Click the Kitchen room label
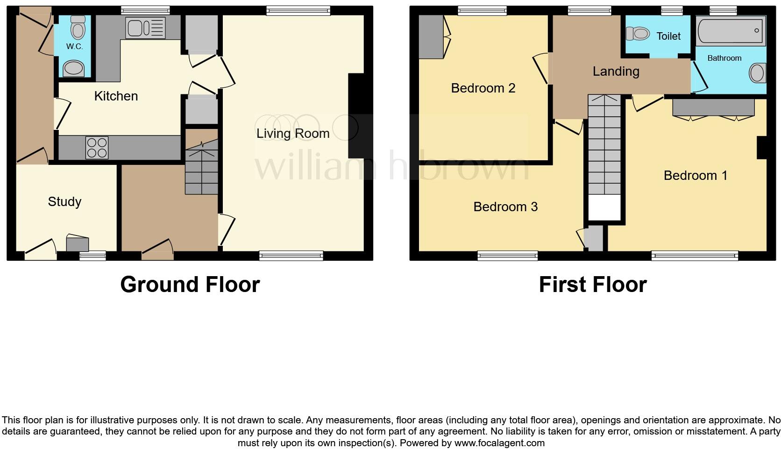pyautogui.click(x=116, y=96)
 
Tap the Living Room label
pyautogui.click(x=293, y=134)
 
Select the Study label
pyautogui.click(x=64, y=202)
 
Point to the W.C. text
pyautogui.click(x=74, y=46)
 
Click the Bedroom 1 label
pyautogui.click(x=696, y=176)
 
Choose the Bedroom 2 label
pyautogui.click(x=483, y=88)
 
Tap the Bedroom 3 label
pyautogui.click(x=505, y=207)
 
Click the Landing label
pyautogui.click(x=616, y=71)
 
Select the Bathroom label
pyautogui.click(x=724, y=58)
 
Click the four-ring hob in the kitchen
pyautogui.click(x=97, y=147)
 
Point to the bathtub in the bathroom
pyautogui.click(x=731, y=31)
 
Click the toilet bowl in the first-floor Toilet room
pyautogui.click(x=638, y=34)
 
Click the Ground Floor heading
pyautogui.click(x=190, y=285)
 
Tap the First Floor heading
pyautogui.click(x=592, y=285)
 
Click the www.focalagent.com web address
pyautogui.click(x=499, y=443)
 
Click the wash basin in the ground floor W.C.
pyautogui.click(x=73, y=69)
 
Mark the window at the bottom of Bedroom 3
pyautogui.click(x=507, y=255)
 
